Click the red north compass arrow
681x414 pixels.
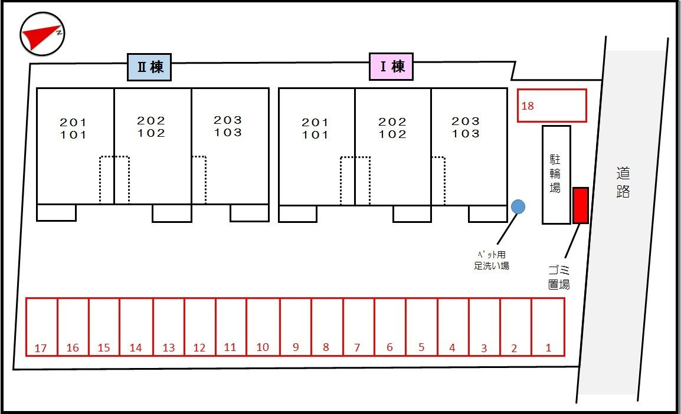click(x=40, y=36)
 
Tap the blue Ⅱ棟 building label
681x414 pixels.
click(x=149, y=67)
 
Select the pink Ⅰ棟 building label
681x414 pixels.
click(x=391, y=67)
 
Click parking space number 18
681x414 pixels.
click(x=551, y=106)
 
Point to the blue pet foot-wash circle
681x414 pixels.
click(x=518, y=206)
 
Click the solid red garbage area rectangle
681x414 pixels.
click(x=581, y=205)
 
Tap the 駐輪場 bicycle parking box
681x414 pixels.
click(x=556, y=175)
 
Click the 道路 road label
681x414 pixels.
click(x=623, y=182)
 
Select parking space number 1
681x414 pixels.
click(x=548, y=327)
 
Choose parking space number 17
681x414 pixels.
click(x=41, y=327)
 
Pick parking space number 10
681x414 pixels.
click(x=263, y=327)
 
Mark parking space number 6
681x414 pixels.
click(x=389, y=327)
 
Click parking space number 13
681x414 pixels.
click(x=169, y=327)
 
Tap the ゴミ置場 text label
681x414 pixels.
click(x=558, y=278)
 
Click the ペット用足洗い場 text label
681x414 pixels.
click(x=492, y=260)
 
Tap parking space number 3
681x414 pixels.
click(x=484, y=327)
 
